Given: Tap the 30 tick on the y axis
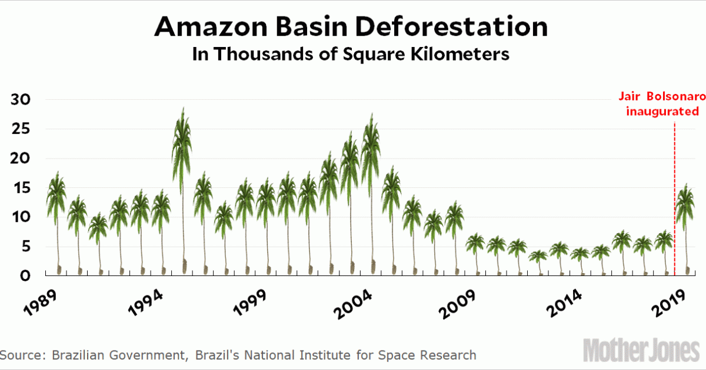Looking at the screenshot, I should click(21, 99).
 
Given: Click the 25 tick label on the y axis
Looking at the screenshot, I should click(21, 129).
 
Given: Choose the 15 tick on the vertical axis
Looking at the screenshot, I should click(21, 188).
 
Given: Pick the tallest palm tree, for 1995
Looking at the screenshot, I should click(182, 147).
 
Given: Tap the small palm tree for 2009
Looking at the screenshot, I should click(475, 244).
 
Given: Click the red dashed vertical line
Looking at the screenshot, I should click(674, 194).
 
